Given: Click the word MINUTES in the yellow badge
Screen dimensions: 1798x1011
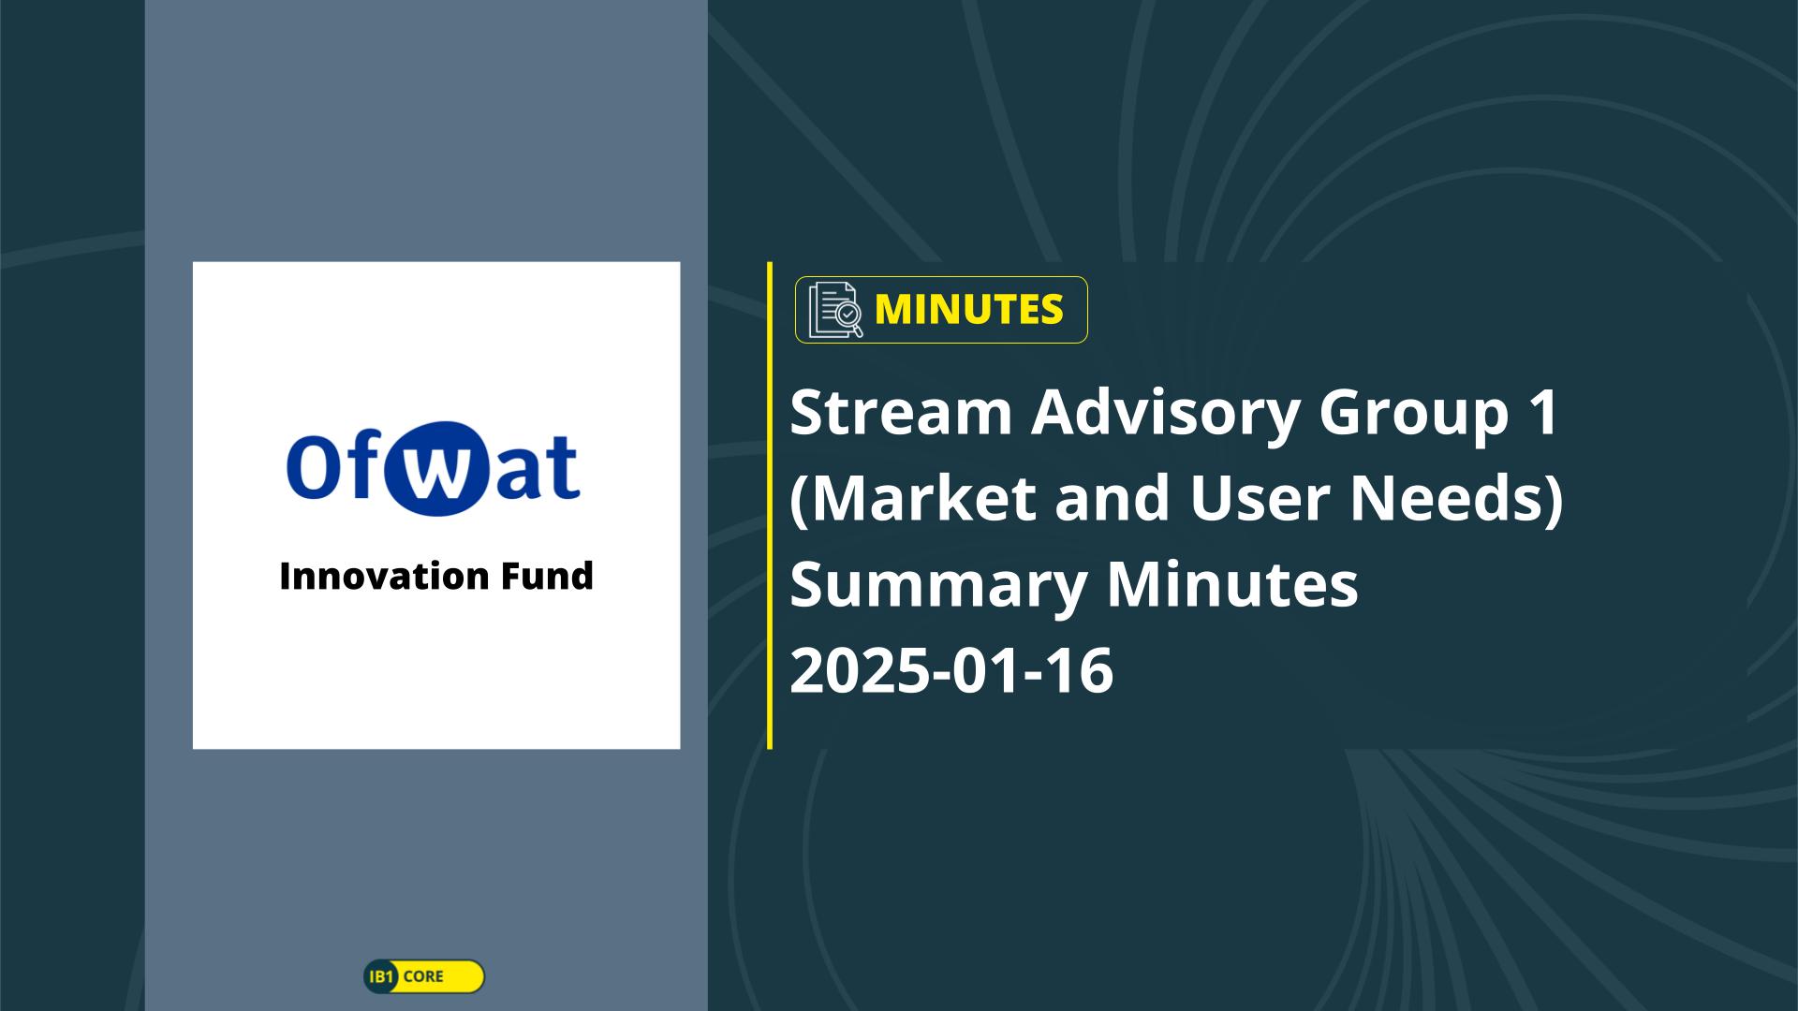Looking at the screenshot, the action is [968, 309].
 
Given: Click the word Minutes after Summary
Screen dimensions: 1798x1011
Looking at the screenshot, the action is [1231, 584].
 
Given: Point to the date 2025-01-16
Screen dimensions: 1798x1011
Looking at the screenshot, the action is [951, 670].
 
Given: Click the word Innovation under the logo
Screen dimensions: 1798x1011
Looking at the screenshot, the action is [382, 576].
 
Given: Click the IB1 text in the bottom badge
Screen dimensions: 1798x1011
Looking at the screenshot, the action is [381, 976].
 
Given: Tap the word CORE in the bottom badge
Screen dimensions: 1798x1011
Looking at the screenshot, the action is [423, 976].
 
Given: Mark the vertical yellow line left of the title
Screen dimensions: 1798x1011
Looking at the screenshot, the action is [770, 505].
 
